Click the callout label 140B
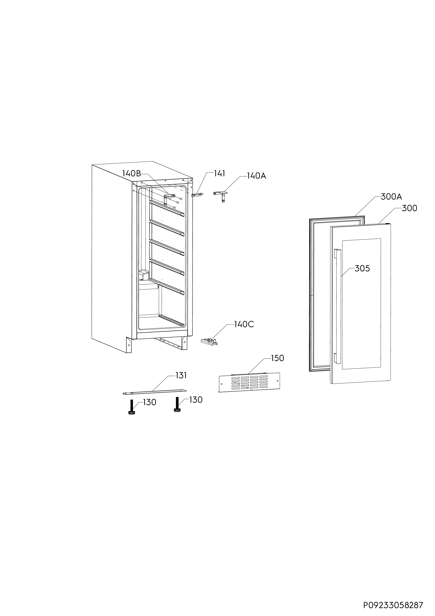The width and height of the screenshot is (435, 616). point(132,174)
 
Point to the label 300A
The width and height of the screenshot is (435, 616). point(391,197)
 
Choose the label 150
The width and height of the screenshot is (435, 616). point(277,358)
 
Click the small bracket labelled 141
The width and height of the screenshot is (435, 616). point(197,195)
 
